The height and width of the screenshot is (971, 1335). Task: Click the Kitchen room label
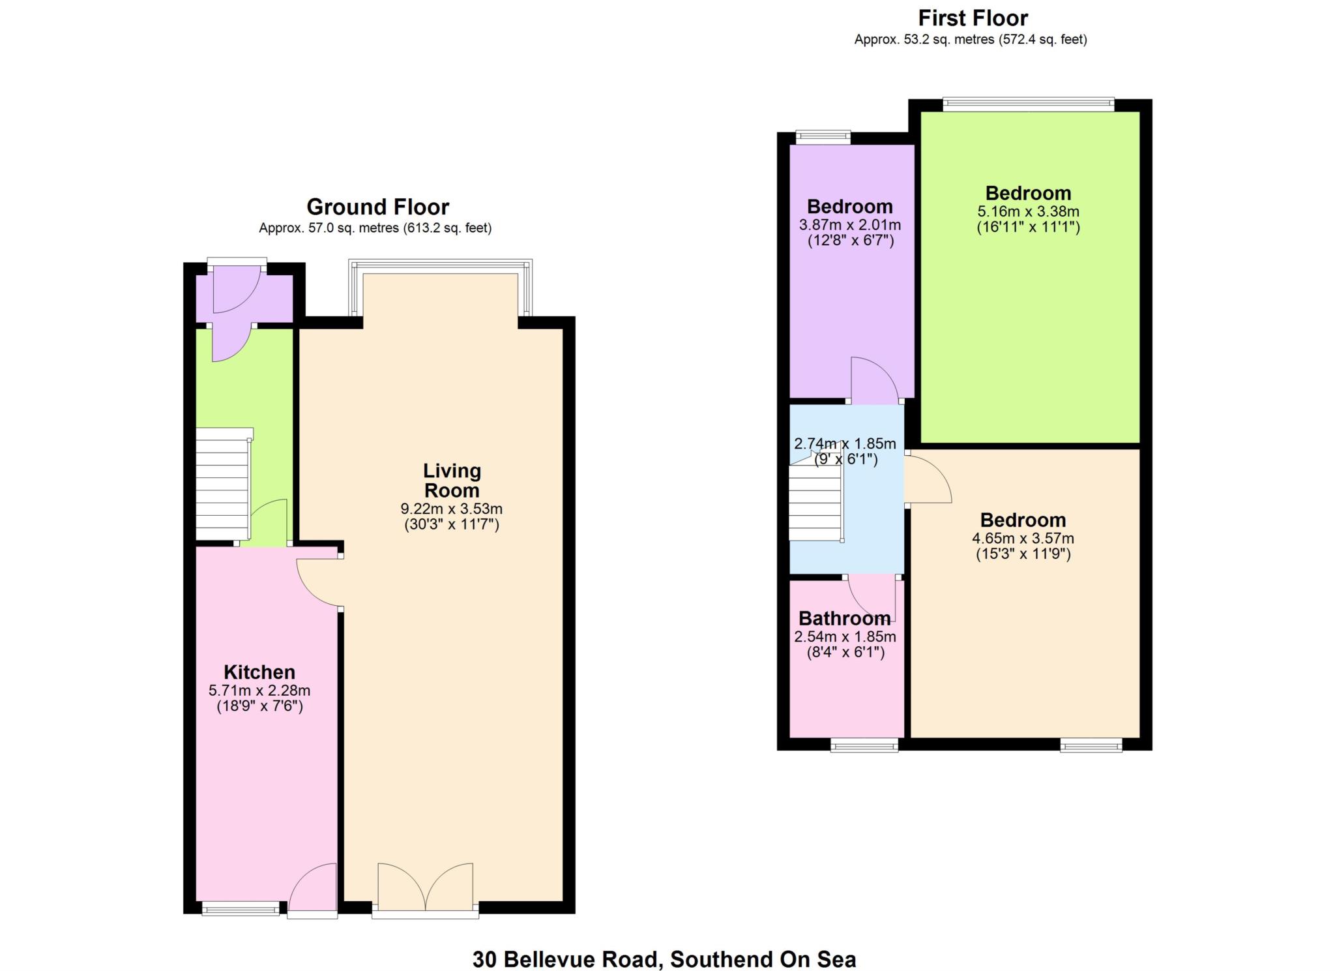(x=259, y=672)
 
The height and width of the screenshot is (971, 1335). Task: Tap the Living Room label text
(x=452, y=480)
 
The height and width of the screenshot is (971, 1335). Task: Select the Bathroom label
(x=844, y=618)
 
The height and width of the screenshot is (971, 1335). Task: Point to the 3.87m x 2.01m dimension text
(x=850, y=225)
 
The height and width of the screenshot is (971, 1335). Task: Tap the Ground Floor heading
(x=378, y=207)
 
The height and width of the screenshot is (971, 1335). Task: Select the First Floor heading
(x=973, y=18)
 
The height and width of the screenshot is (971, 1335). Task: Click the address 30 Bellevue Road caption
(x=664, y=959)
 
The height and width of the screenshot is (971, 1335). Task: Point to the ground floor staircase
(x=224, y=484)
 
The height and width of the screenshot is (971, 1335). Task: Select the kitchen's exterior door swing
(x=313, y=888)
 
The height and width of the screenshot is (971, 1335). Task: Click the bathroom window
(x=864, y=745)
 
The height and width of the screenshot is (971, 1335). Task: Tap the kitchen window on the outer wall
(x=241, y=908)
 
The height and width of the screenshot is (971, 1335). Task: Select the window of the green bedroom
(x=1028, y=103)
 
